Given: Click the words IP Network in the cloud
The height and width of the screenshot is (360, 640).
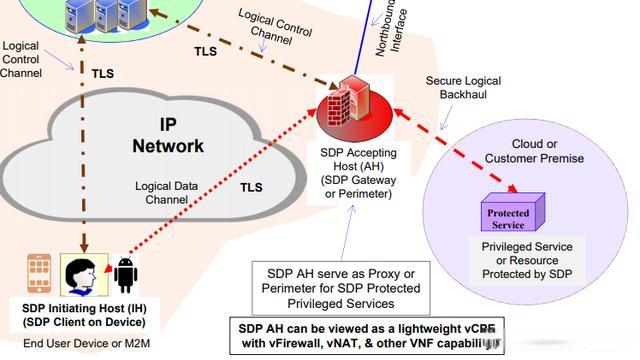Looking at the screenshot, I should [x=167, y=135].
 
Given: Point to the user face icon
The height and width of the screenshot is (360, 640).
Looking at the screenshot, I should [x=79, y=273].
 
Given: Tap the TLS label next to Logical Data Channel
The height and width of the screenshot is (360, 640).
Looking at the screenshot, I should [x=252, y=185].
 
